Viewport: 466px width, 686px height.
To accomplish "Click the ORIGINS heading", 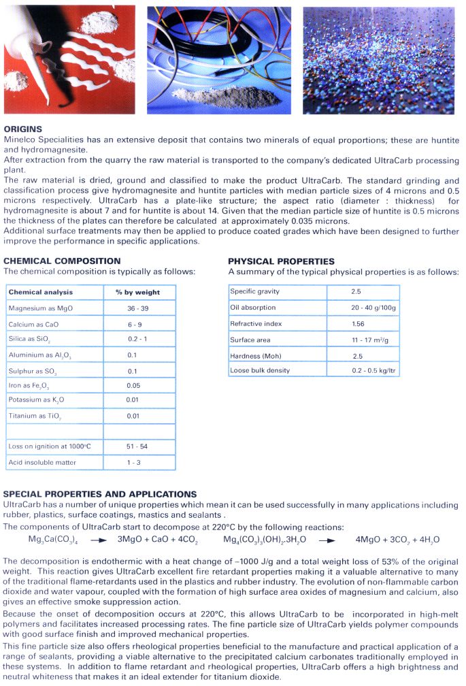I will pos(23,129).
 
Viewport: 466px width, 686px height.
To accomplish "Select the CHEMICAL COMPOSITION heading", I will pos(62,261).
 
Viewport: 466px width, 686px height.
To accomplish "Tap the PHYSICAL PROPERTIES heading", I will pos(281,261).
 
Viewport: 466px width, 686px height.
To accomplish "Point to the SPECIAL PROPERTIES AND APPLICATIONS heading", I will pos(100,494).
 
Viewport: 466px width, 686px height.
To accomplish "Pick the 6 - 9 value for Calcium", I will pos(134,324).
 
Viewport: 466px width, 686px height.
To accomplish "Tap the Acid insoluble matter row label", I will pos(42,463).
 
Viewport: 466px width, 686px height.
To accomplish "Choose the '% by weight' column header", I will pos(137,292).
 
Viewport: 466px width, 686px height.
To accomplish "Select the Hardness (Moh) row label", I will pos(255,356).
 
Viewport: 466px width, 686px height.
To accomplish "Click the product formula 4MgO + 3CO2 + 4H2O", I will pos(397,540).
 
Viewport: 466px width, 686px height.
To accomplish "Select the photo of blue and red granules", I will pos(379,60).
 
